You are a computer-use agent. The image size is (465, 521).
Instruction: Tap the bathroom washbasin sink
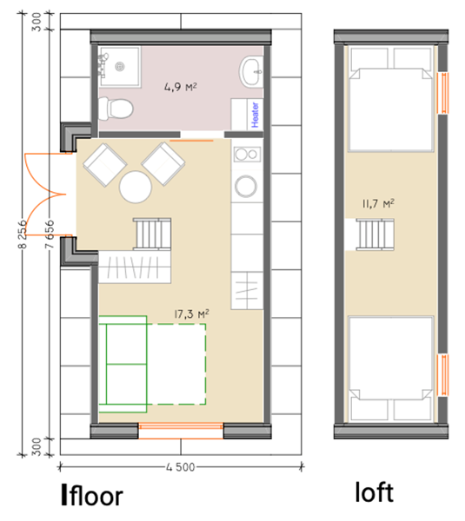[251, 72]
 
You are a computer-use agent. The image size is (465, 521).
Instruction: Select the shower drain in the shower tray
[120, 67]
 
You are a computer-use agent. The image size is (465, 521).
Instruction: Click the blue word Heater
[256, 115]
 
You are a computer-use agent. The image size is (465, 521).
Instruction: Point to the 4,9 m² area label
[180, 87]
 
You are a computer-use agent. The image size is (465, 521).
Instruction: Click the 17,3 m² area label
[191, 314]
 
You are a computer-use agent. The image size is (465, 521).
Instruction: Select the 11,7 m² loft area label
[379, 203]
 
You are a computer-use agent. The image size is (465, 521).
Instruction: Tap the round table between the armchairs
[136, 187]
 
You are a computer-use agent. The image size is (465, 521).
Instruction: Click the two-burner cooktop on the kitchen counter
[247, 155]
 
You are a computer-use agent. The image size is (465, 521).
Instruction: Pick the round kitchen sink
[246, 186]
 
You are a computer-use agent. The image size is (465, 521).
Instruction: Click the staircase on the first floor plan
[152, 234]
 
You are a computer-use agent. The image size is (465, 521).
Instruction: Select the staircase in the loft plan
[375, 234]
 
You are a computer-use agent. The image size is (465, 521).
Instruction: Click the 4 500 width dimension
[180, 467]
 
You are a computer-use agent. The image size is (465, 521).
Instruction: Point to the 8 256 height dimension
[23, 234]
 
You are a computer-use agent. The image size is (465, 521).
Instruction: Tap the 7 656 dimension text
[50, 234]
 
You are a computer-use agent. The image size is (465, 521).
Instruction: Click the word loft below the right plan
[375, 492]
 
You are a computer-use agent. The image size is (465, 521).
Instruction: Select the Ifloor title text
[92, 495]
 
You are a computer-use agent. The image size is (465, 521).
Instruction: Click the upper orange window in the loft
[443, 93]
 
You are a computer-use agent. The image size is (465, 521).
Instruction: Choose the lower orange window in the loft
[443, 375]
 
